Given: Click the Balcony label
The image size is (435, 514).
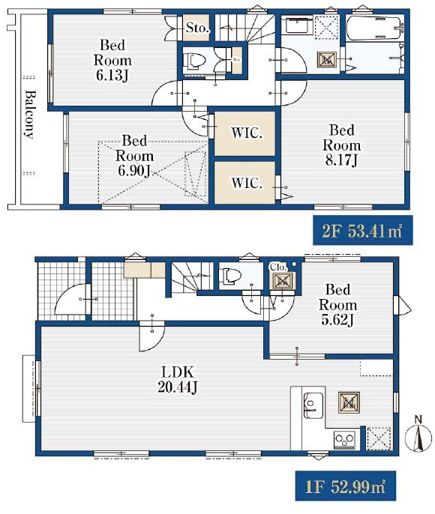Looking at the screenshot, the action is click(x=29, y=114).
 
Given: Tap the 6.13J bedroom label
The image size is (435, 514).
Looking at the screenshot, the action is click(x=112, y=60).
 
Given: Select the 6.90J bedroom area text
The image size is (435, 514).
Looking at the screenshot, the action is click(x=134, y=156).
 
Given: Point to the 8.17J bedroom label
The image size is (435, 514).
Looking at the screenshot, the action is click(x=341, y=145).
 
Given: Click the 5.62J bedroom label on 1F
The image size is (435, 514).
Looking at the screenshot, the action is click(x=337, y=305).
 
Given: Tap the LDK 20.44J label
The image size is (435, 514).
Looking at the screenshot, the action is click(x=178, y=380).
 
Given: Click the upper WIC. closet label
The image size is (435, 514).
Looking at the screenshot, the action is click(x=246, y=133).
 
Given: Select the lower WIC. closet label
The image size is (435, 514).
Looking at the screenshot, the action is click(x=247, y=183).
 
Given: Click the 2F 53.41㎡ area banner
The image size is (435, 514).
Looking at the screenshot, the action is click(x=362, y=230).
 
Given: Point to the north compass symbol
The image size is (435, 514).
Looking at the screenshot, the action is click(x=418, y=435).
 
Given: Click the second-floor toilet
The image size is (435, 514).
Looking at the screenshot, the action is click(x=194, y=61).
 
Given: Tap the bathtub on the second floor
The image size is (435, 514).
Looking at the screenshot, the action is click(x=375, y=28).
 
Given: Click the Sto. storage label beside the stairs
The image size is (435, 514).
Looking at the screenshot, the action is click(x=197, y=28).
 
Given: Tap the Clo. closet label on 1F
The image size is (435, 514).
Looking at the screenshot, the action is click(x=278, y=267).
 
